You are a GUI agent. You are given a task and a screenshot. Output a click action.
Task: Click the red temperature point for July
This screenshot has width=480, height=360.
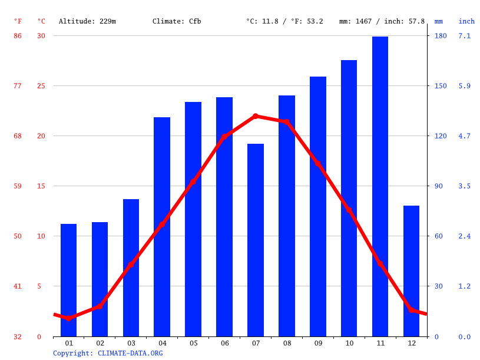point(256,117)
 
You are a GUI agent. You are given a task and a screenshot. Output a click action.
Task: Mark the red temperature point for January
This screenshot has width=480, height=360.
point(69,318)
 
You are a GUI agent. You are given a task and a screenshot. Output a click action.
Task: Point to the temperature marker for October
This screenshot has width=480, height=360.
point(349,210)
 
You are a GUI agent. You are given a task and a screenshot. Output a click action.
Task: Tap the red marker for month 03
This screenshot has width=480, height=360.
point(131,265)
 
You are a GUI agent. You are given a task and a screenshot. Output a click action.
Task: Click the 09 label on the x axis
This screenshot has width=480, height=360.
point(318,343)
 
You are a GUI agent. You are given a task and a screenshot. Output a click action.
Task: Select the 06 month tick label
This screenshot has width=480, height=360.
point(224,343)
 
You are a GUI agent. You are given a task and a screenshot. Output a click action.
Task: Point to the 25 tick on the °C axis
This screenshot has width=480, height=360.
point(41,86)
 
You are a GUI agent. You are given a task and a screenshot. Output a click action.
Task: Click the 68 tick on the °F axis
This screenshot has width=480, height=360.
point(18,136)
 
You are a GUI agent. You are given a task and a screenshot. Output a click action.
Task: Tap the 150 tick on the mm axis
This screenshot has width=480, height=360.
point(441,86)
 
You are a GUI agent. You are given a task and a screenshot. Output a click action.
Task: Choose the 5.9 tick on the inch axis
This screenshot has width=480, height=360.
point(465,86)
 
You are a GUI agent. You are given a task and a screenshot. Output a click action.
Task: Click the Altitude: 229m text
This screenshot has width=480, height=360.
point(87,21)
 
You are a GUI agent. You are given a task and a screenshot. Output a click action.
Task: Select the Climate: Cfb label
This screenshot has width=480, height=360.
point(177,21)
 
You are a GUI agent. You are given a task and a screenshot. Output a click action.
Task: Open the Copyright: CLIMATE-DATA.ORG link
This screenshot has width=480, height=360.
point(108,353)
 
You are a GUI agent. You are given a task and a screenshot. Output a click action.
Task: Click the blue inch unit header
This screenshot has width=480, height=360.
point(466,21)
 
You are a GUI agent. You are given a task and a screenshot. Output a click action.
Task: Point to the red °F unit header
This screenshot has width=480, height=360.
point(18,21)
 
